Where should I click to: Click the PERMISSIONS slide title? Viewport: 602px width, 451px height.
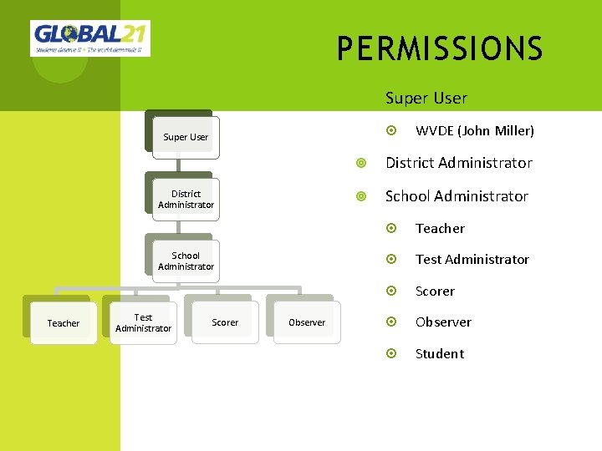440,49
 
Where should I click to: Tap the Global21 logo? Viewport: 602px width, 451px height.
90,38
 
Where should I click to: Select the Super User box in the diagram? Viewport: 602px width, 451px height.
186,137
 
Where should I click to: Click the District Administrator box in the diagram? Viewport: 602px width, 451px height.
186,200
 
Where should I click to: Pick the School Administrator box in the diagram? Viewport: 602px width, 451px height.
186,261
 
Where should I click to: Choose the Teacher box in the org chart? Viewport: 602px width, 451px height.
64,323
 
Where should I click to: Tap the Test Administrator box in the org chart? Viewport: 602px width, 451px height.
143,323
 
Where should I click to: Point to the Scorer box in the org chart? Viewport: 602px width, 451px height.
225,322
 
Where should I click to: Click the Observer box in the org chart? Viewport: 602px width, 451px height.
307,322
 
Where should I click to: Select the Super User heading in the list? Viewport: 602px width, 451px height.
426,99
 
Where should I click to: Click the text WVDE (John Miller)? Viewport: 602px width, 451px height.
474,130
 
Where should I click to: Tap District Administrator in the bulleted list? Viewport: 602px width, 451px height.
458,163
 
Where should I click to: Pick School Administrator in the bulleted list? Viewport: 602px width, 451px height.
457,196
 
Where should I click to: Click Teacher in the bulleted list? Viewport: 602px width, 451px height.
440,228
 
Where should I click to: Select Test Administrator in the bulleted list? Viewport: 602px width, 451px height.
472,260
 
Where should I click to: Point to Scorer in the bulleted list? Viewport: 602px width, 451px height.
435,291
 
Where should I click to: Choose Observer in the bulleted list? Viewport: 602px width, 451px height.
443,322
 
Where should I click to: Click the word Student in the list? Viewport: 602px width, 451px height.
439,354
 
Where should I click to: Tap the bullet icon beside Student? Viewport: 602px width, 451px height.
393,354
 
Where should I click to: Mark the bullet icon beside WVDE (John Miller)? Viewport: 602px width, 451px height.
393,130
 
